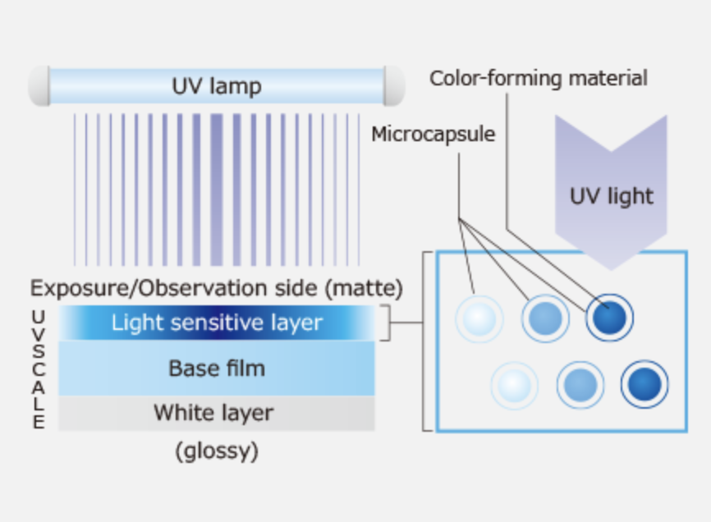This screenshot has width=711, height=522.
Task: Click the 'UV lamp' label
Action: pos(217,86)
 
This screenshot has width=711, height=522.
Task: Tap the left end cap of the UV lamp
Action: pos(38,86)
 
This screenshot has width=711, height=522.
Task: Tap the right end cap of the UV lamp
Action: pos(395,86)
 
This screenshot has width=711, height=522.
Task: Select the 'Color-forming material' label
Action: pos(539,78)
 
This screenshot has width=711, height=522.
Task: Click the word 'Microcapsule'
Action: pos(433,133)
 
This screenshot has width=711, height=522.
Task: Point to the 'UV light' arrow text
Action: pos(611,196)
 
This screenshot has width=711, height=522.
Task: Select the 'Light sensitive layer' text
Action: pos(217,323)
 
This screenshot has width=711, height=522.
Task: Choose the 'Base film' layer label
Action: pos(217,368)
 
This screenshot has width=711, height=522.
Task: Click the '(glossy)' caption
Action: pos(217,451)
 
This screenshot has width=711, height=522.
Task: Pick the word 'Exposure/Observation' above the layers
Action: pos(135,288)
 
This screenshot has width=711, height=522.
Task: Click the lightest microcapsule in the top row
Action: pos(479,318)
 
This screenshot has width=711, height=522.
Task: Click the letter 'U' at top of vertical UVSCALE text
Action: pos(39,316)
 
